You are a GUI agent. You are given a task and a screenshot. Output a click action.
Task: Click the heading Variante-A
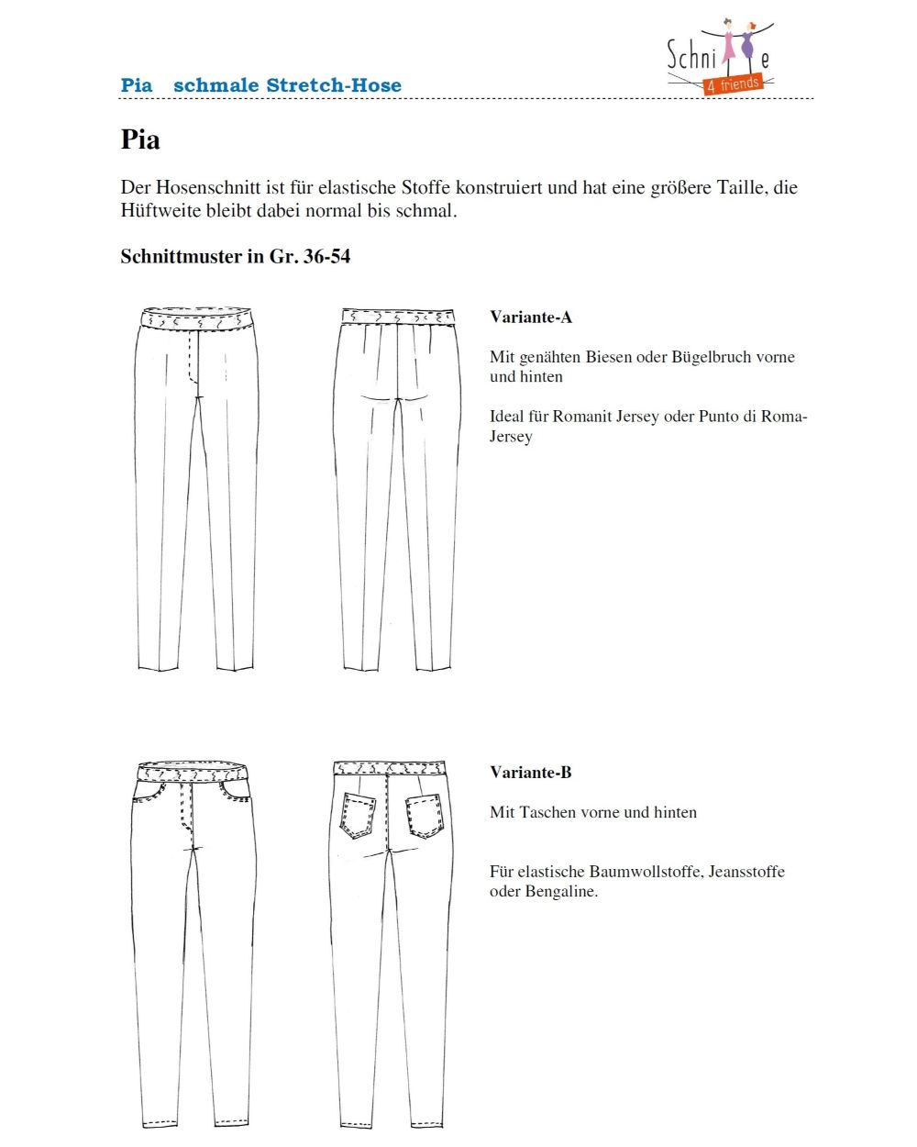[530, 317]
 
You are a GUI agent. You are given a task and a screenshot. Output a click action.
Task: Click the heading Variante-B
[530, 773]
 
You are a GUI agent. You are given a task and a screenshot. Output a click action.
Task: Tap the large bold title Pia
[140, 140]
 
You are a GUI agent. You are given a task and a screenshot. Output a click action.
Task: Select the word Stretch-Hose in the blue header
[333, 85]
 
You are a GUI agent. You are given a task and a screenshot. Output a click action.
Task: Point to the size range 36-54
[326, 257]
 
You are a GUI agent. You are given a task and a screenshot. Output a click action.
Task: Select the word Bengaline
[561, 892]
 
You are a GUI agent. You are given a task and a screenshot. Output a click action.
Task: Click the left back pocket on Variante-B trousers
[359, 814]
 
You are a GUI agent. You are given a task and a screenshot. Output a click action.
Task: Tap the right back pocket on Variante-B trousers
[424, 814]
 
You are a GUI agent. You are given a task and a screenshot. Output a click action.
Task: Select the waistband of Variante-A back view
[397, 317]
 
